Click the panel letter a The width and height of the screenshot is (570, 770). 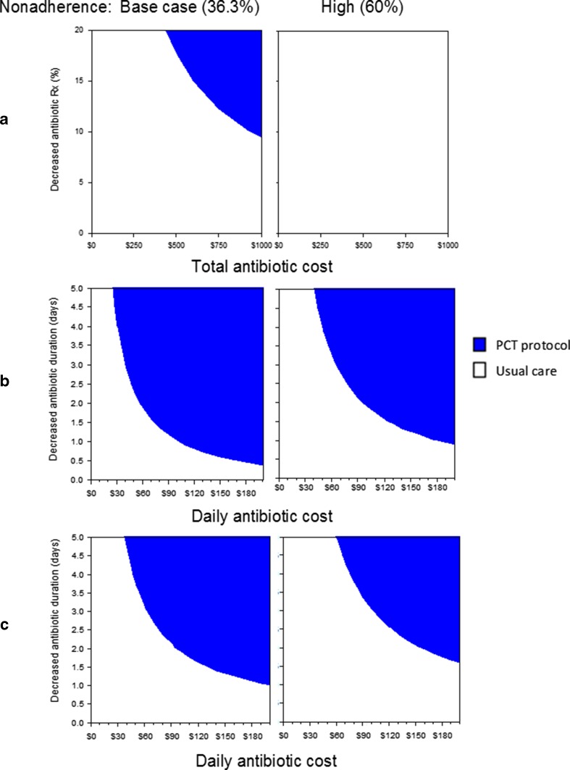(x=4, y=120)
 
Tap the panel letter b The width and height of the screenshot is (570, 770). (x=4, y=379)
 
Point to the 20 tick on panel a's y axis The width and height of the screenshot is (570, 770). (x=79, y=30)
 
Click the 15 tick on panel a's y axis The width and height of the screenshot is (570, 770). (x=79, y=81)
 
